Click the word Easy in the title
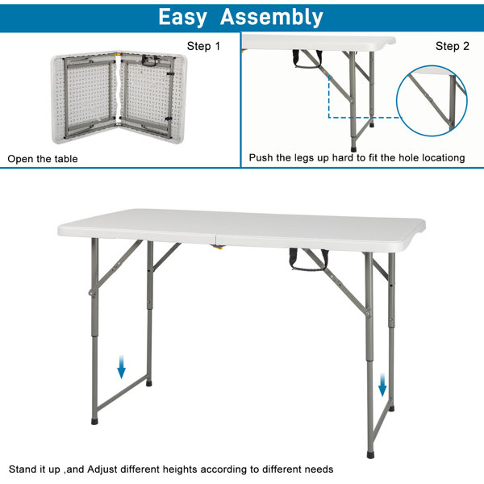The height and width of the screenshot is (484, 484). coord(182,16)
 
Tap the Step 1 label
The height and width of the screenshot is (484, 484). coord(203,46)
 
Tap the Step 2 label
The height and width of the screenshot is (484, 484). coord(452,46)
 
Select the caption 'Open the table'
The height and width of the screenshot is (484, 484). coord(43,159)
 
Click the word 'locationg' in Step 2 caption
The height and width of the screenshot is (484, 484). coord(440,158)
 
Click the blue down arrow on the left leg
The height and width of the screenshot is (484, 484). coord(121,368)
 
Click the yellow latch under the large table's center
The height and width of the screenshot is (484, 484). coord(218,245)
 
